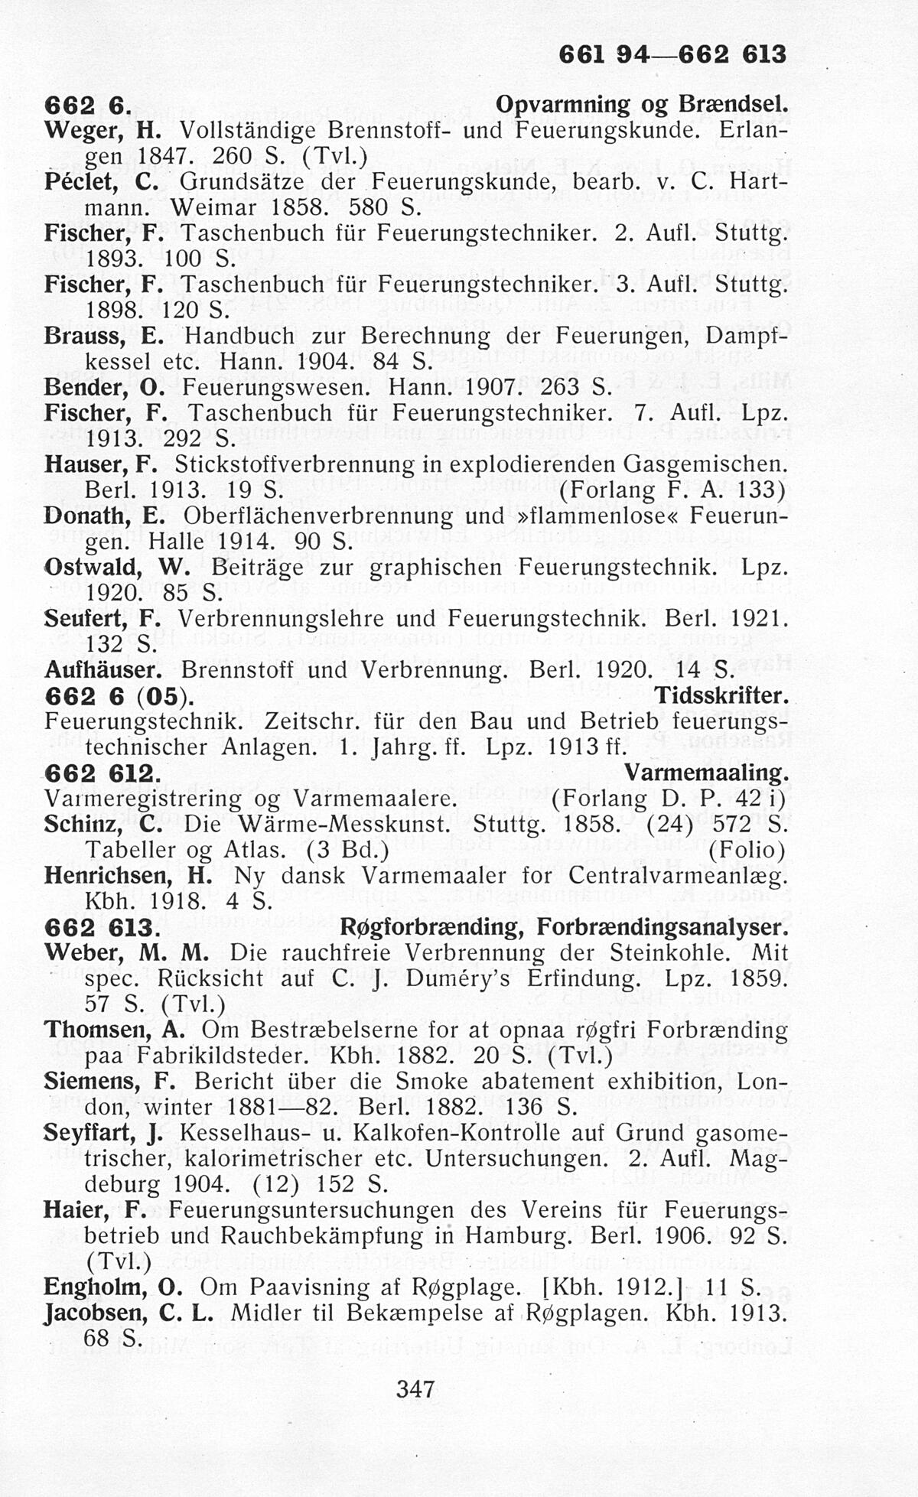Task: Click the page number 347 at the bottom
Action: pyautogui.click(x=416, y=1388)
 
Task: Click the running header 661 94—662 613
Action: pyautogui.click(x=672, y=54)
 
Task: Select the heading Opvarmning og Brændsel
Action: pyautogui.click(x=641, y=105)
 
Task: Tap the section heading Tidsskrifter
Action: pyautogui.click(x=721, y=696)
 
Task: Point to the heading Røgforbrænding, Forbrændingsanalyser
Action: pyautogui.click(x=562, y=927)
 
